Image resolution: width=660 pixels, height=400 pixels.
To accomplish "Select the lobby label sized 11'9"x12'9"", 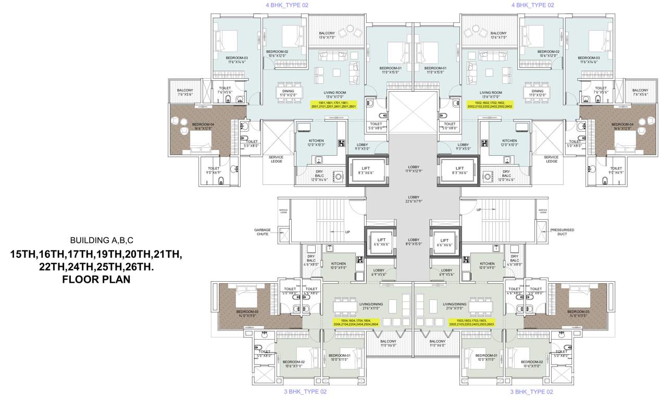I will click(413, 168).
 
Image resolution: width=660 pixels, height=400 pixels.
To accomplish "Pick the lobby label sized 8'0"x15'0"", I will click(413, 242).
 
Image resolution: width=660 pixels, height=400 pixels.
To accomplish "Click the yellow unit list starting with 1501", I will click(333, 104).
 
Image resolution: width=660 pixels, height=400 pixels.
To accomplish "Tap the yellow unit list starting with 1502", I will click(490, 104).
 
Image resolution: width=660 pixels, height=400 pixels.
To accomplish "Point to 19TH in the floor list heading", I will click(104, 255).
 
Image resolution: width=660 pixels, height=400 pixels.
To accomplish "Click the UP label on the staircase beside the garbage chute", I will click(347, 232).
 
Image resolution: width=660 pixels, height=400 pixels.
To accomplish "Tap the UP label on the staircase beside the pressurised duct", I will click(479, 210).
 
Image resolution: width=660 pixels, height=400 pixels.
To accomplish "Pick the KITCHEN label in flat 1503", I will click(487, 264).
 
